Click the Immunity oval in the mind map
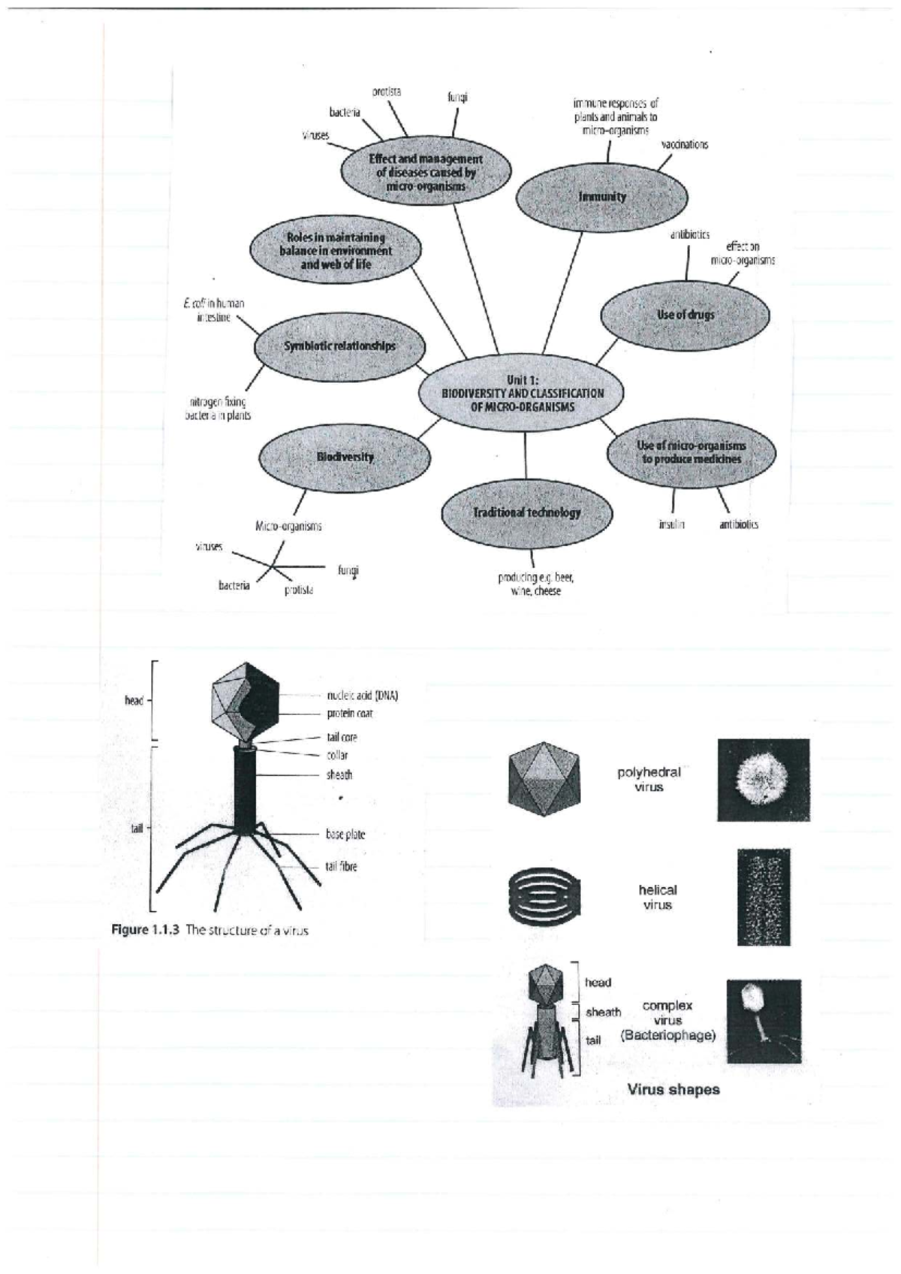[602, 197]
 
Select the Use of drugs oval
[685, 315]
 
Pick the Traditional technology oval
[526, 512]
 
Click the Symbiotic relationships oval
[339, 346]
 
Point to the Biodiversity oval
[345, 457]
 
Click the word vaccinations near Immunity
[684, 144]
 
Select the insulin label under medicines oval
[671, 524]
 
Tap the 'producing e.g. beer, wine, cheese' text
[535, 584]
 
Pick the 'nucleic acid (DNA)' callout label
[362, 696]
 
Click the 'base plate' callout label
[345, 834]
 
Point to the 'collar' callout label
[337, 756]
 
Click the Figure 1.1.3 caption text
[209, 930]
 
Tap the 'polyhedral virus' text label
[649, 779]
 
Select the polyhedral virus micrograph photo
[763, 779]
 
